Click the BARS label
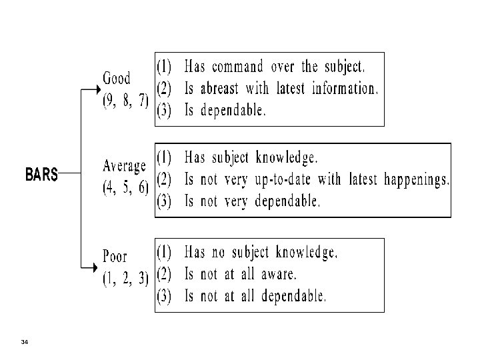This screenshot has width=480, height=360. click(x=41, y=175)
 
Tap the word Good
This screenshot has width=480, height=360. click(x=117, y=78)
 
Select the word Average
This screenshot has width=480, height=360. click(x=125, y=166)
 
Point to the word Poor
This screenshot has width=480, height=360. click(x=115, y=257)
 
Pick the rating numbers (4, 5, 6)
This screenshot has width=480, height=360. click(x=125, y=189)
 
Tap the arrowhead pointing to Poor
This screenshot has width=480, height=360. click(x=97, y=268)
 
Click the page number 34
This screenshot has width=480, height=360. click(x=25, y=342)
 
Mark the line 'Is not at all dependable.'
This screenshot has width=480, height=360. click(x=255, y=296)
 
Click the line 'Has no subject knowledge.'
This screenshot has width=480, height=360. click(x=261, y=253)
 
